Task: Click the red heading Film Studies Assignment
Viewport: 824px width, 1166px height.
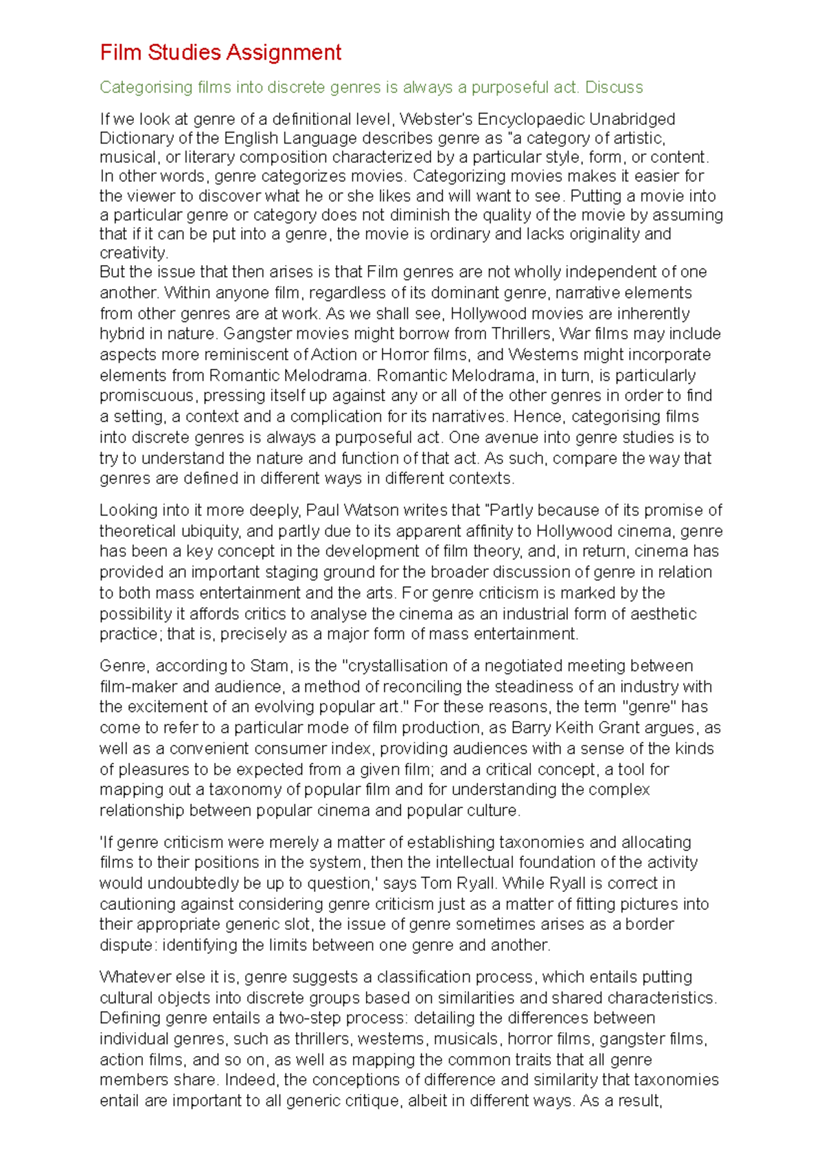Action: pos(220,53)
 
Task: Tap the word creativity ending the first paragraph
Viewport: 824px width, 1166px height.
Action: pos(133,253)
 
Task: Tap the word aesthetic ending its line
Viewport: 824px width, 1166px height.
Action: pos(663,614)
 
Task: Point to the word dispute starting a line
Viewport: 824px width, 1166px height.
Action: pos(126,946)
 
